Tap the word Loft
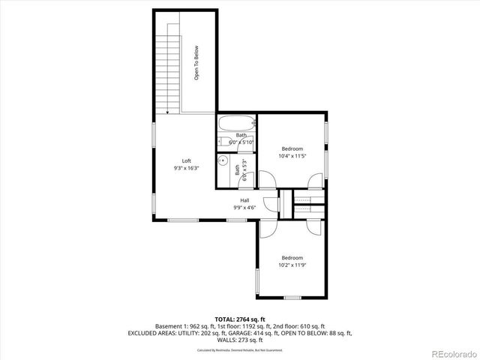(186, 161)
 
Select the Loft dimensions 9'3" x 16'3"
(186, 169)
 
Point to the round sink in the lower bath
(223, 160)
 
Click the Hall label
(244, 200)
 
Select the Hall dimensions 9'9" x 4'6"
(244, 208)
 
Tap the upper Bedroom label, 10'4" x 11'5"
(292, 148)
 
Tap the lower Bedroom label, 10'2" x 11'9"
(292, 257)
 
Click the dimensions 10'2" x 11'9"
(292, 265)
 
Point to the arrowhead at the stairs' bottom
(166, 112)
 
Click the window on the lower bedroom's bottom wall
(292, 298)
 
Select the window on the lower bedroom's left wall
(258, 282)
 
